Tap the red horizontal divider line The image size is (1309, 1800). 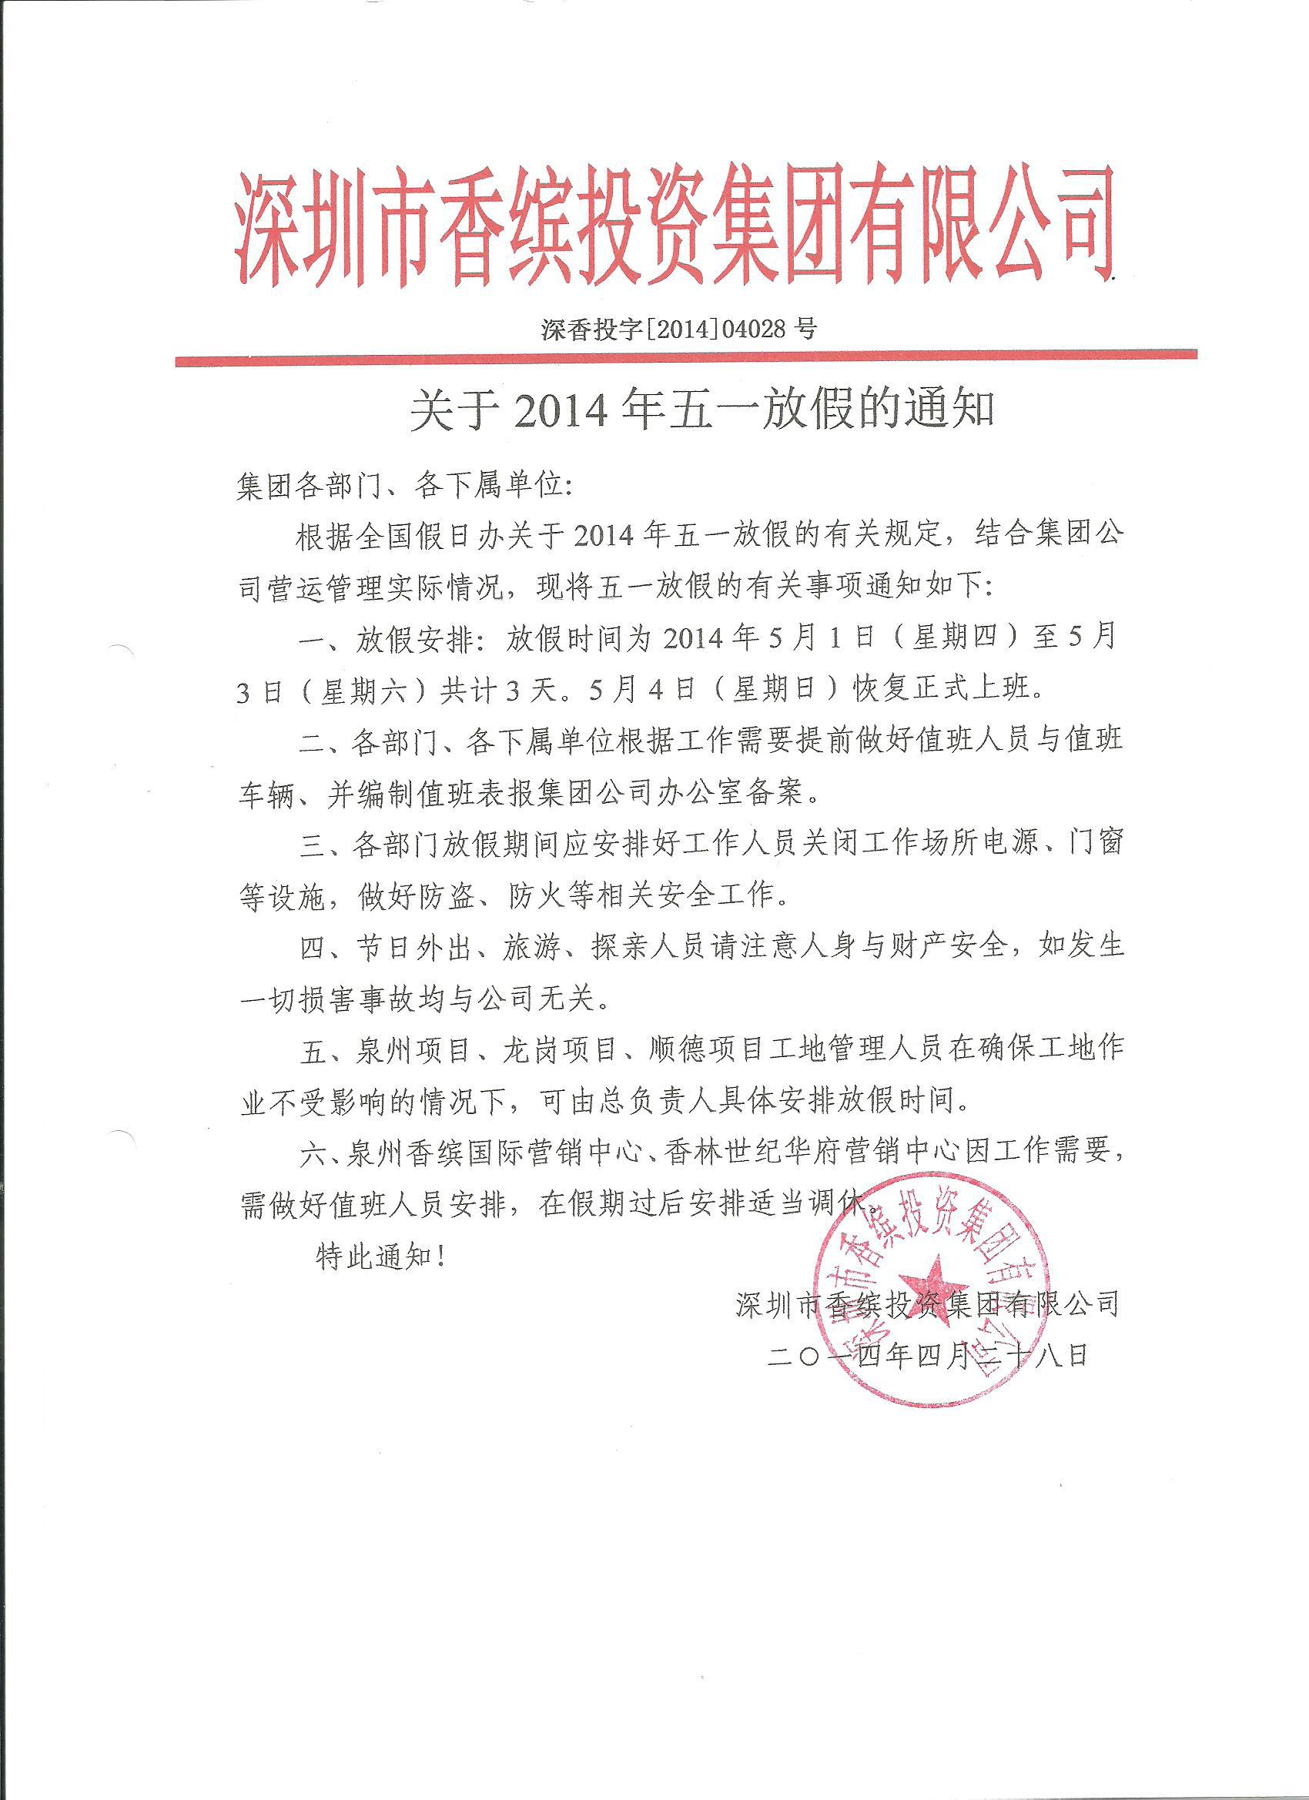686,360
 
